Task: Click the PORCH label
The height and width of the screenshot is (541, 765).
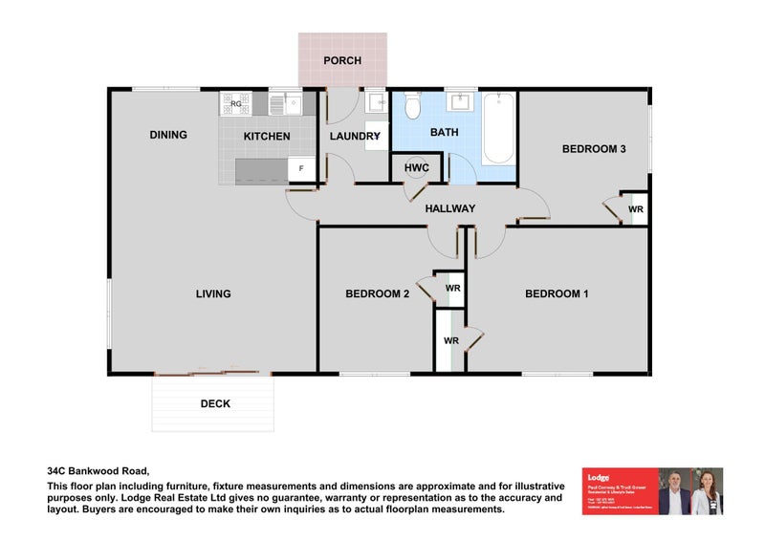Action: [x=342, y=60]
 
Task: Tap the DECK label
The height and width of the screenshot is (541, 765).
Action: [x=215, y=403]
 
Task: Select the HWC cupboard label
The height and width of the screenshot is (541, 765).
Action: [x=417, y=168]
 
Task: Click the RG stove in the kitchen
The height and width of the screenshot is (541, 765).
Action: [x=235, y=103]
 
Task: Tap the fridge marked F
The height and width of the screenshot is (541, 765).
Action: [x=302, y=169]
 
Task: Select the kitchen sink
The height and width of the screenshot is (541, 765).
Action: [x=286, y=103]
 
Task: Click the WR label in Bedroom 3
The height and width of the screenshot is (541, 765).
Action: [x=635, y=208]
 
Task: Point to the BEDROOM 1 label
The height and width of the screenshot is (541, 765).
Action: [x=557, y=293]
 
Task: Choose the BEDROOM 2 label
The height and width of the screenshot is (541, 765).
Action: [x=377, y=293]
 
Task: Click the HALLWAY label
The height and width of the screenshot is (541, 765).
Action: [x=450, y=208]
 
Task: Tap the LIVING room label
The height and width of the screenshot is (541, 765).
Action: [x=213, y=293]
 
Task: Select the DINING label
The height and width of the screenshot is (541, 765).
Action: [x=168, y=135]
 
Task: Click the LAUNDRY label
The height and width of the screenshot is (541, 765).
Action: [x=355, y=137]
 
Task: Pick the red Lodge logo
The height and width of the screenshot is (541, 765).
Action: [x=599, y=476]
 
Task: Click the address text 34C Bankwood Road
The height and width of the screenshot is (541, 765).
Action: [x=98, y=470]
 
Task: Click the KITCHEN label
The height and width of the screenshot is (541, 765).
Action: [x=267, y=137]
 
